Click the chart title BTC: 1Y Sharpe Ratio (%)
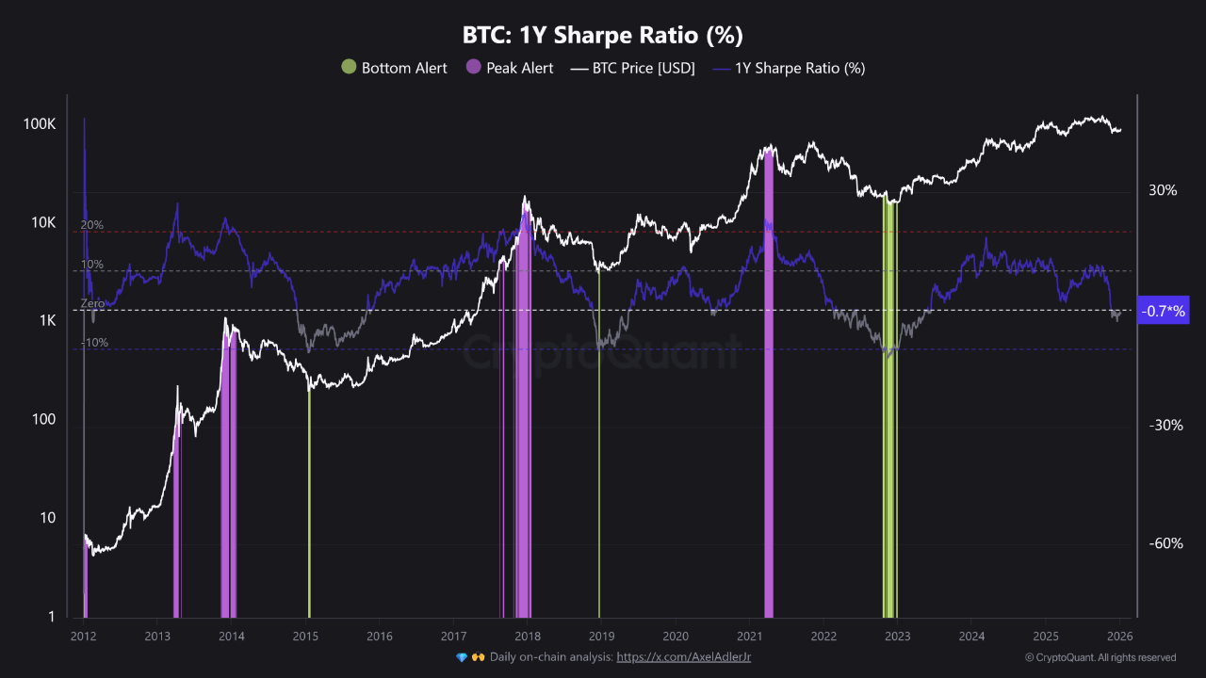[602, 36]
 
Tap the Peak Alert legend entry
[509, 68]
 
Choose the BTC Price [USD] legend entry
[632, 68]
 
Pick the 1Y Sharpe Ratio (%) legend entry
[789, 68]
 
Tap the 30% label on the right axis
[1163, 190]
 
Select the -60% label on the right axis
[1165, 543]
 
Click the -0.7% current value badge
[1164, 311]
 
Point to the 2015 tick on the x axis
[305, 637]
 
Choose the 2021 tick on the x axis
[749, 637]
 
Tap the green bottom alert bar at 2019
[599, 471]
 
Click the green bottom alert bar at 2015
[309, 508]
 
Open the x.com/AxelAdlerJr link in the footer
[683, 656]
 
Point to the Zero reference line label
[92, 304]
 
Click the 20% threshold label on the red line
[92, 225]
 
